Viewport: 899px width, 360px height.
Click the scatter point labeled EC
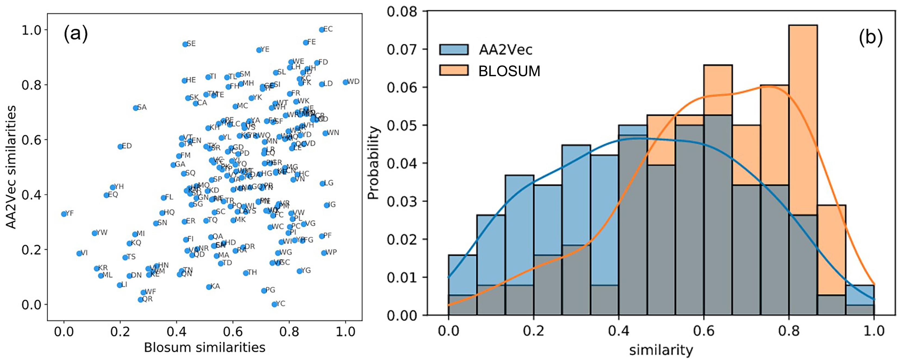tap(321, 30)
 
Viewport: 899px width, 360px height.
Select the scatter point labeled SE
tap(185, 44)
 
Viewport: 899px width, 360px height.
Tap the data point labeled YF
tap(64, 214)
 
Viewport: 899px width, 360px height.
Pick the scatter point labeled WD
tap(345, 82)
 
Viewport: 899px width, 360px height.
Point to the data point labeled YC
tap(274, 304)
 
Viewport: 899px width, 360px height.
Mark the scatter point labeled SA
tap(135, 108)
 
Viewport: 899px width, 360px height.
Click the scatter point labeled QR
tap(140, 300)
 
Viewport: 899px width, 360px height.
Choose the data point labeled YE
tap(259, 50)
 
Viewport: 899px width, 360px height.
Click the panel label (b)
tap(870, 38)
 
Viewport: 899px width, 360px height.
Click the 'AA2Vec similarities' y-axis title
tap(11, 167)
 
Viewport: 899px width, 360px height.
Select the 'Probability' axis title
tap(373, 163)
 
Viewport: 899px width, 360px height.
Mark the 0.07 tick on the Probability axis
tap(402, 49)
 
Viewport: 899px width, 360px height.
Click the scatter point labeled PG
tap(264, 291)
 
